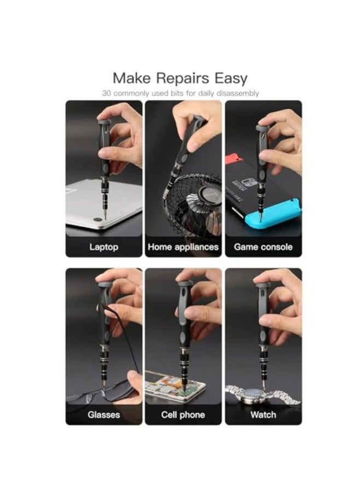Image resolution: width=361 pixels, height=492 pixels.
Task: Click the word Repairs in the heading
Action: click(x=180, y=78)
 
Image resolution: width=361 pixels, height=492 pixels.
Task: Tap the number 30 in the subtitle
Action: click(x=107, y=93)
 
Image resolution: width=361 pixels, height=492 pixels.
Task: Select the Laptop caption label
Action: click(x=103, y=247)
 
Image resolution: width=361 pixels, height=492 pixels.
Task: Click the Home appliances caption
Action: click(x=183, y=247)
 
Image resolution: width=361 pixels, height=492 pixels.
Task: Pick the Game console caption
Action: click(x=263, y=247)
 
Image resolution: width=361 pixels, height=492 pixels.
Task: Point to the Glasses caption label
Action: click(x=103, y=415)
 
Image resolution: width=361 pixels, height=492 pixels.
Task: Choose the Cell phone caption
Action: click(x=183, y=415)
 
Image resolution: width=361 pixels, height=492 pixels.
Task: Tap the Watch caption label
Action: click(x=263, y=415)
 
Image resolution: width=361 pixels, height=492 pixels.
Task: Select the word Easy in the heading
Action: click(x=229, y=78)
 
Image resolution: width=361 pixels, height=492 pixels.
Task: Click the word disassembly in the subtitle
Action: click(x=237, y=93)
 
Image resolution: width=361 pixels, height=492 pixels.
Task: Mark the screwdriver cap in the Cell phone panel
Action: click(x=184, y=284)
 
